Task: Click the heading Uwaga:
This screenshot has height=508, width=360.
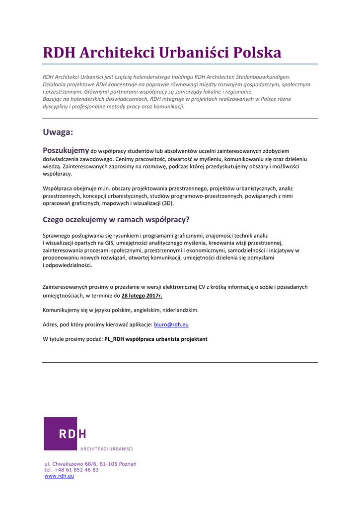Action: click(x=58, y=132)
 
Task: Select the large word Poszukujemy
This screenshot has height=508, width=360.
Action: click(x=66, y=150)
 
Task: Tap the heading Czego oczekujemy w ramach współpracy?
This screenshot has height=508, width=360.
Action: click(x=116, y=219)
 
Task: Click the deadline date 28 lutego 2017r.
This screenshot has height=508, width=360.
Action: click(x=142, y=296)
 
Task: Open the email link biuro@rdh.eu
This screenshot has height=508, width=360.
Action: click(x=171, y=324)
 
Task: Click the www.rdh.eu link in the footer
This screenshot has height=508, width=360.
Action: click(x=59, y=476)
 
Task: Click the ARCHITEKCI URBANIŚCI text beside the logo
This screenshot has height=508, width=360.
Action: click(x=107, y=449)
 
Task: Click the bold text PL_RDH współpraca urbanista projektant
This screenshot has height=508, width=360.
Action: click(x=156, y=339)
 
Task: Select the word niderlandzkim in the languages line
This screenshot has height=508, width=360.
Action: click(x=181, y=310)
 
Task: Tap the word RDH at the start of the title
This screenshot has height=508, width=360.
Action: click(x=59, y=53)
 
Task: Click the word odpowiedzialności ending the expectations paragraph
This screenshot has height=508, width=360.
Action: click(x=69, y=265)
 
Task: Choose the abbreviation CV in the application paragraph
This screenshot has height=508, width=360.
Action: click(x=202, y=287)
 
